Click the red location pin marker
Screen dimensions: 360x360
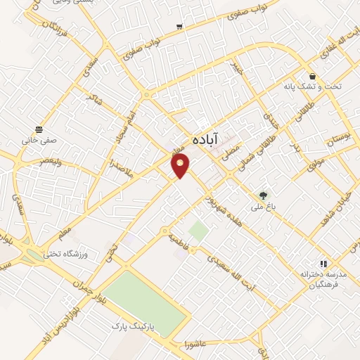[181, 165]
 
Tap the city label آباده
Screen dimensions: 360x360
[209, 139]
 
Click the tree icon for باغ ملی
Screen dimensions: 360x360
[263, 195]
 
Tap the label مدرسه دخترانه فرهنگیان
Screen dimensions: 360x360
[319, 279]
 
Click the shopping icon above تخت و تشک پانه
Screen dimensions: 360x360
[312, 75]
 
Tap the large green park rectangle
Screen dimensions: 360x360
[146, 298]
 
